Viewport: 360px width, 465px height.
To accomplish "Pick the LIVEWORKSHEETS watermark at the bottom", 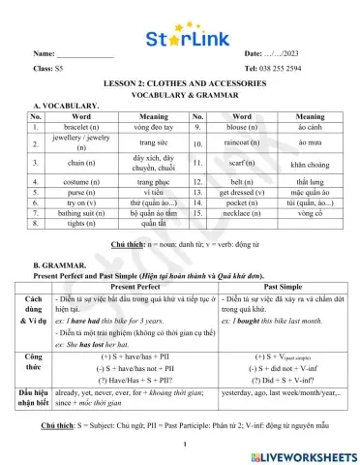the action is click(303, 453).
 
